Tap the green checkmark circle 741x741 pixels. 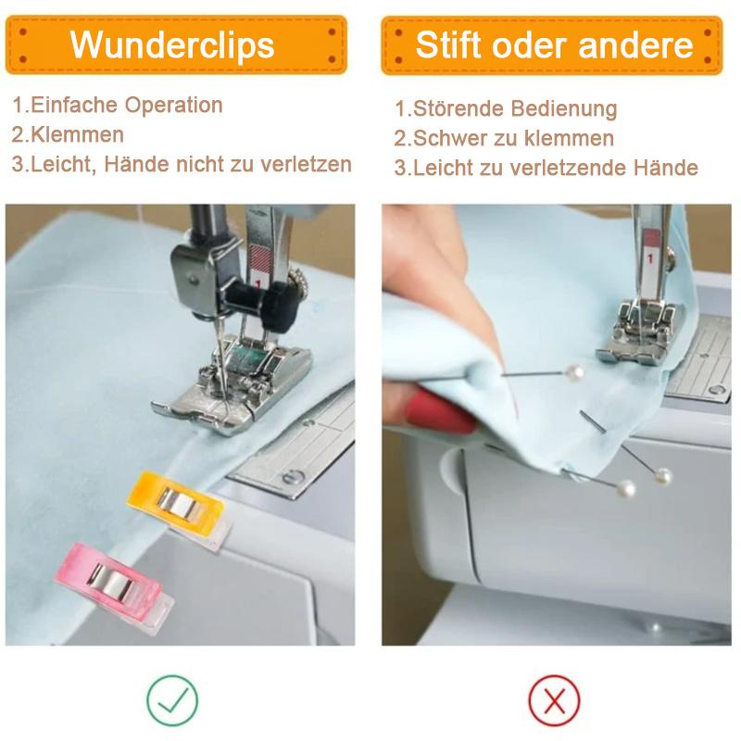click(x=172, y=700)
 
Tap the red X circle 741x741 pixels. click(x=554, y=700)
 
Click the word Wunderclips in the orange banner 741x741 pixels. click(x=172, y=44)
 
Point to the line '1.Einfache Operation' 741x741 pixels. click(x=118, y=105)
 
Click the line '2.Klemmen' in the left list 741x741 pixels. click(x=68, y=134)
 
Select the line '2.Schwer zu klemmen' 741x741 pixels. click(x=504, y=138)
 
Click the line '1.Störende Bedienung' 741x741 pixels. click(x=506, y=108)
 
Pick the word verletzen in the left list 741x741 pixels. click(x=307, y=165)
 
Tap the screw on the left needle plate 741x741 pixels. click(x=293, y=477)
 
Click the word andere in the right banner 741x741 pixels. click(x=635, y=45)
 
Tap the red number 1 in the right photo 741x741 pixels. click(x=650, y=258)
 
